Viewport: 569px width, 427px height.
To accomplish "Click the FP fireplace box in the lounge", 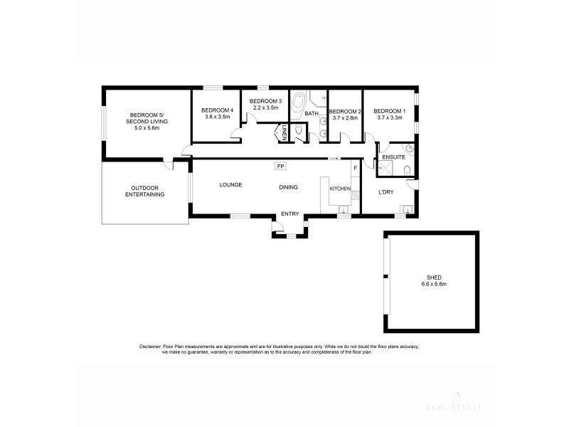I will tap(282, 167).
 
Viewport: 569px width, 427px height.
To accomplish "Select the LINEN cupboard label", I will tap(283, 132).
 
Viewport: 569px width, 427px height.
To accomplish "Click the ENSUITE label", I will tap(393, 157).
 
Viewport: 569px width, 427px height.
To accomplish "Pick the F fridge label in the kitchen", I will tap(354, 168).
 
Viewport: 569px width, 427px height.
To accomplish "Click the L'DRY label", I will tap(386, 192).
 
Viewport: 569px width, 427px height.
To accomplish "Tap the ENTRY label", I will tap(290, 213).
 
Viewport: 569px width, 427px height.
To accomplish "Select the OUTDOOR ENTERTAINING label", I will tap(144, 191).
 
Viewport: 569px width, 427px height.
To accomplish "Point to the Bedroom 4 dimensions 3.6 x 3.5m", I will tap(217, 117).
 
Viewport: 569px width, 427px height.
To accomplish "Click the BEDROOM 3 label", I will tap(266, 101).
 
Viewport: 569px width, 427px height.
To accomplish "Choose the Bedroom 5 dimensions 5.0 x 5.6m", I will tap(147, 129).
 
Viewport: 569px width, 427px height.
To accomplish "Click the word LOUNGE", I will tap(230, 185).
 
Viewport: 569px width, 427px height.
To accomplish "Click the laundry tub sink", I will tap(406, 209).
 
